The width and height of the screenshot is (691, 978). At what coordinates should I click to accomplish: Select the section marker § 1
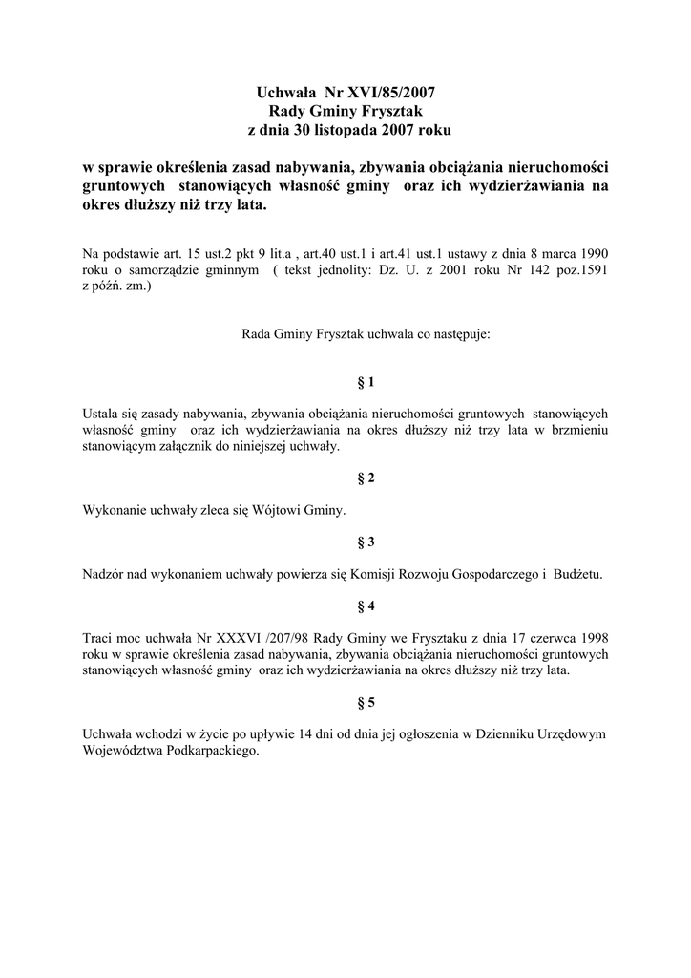coord(366,382)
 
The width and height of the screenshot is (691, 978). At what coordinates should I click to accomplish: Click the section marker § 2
coord(366,478)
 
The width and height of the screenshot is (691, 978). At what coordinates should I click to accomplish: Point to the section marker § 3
coord(366,542)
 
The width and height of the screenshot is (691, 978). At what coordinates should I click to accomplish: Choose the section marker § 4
coord(366,606)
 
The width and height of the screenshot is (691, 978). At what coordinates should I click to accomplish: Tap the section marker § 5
coord(366,703)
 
